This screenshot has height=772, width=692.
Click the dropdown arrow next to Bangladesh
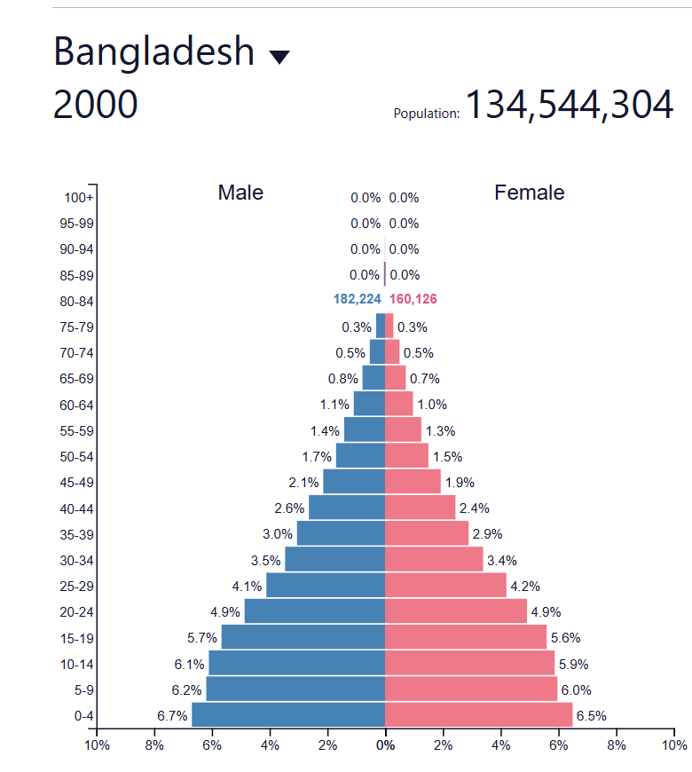(x=279, y=58)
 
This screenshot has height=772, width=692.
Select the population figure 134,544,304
(x=569, y=106)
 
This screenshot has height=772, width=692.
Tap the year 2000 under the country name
(x=95, y=106)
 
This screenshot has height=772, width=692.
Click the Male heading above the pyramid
(x=240, y=193)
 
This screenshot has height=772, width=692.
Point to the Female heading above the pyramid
(x=529, y=193)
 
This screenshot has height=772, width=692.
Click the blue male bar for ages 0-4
(x=288, y=715)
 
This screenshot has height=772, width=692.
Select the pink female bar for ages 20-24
(x=455, y=611)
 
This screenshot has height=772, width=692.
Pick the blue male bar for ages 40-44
(x=346, y=508)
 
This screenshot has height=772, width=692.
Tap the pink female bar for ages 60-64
(x=398, y=404)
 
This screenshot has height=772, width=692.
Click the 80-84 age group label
(x=77, y=302)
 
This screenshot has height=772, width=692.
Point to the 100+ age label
(x=79, y=198)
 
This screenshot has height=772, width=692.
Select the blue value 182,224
(x=357, y=300)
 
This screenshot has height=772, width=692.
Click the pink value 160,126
(x=413, y=300)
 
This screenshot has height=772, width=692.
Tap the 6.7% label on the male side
(x=173, y=716)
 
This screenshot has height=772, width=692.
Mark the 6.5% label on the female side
(x=592, y=716)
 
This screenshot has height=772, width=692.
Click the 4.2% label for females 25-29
(x=524, y=587)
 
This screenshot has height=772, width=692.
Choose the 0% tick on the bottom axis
(x=385, y=745)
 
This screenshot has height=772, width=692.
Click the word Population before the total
(x=426, y=114)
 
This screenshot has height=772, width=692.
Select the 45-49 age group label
(x=77, y=483)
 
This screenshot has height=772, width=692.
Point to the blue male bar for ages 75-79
(x=381, y=326)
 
